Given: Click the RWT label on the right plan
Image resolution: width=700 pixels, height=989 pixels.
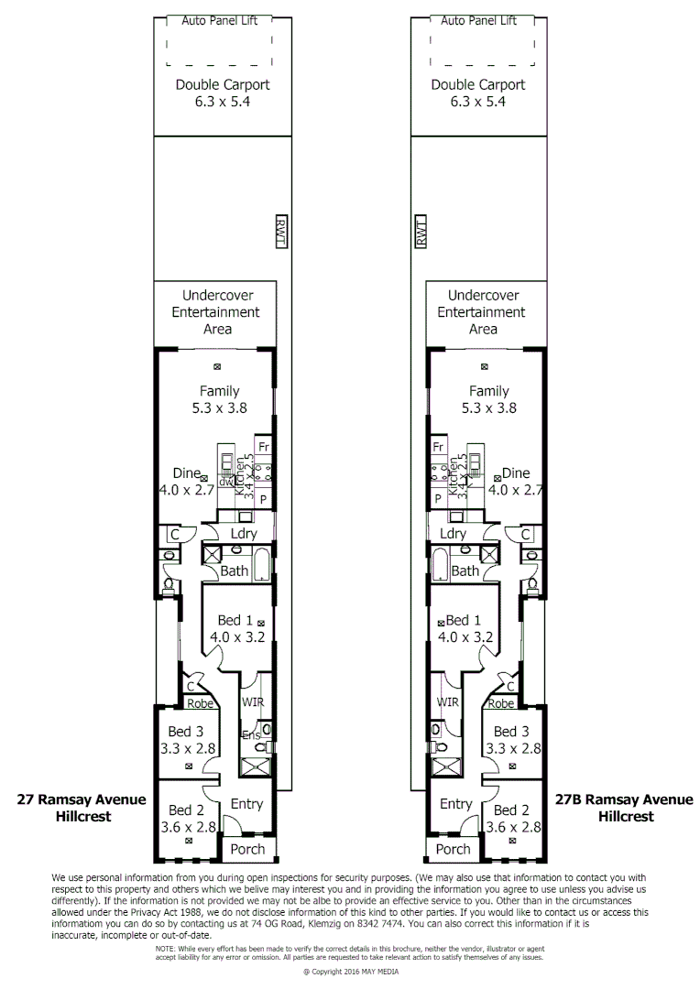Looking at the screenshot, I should (x=421, y=234).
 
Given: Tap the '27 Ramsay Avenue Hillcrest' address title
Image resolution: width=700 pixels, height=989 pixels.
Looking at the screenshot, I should (x=82, y=808).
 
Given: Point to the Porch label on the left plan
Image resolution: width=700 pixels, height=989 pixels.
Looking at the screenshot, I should (x=247, y=849).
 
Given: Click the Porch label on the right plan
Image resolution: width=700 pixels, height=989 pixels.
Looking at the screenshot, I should (x=453, y=849).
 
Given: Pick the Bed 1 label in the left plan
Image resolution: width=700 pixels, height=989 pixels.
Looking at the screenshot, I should (x=233, y=620).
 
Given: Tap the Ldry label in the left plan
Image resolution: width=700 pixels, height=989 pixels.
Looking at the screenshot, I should (x=243, y=534).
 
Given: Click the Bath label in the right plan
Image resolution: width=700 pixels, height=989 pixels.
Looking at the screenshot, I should (x=465, y=571).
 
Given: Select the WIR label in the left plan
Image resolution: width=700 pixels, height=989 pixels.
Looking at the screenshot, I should (x=253, y=702).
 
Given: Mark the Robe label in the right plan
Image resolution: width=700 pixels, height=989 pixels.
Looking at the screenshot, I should (x=501, y=704).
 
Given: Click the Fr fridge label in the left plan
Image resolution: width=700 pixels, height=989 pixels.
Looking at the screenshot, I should (x=264, y=447).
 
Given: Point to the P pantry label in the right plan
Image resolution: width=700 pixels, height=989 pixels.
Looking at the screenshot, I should (x=438, y=499).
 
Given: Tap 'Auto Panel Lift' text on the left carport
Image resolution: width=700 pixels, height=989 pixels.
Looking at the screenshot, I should (x=219, y=20).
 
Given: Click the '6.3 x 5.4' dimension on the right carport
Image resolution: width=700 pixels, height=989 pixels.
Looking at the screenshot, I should (x=478, y=102).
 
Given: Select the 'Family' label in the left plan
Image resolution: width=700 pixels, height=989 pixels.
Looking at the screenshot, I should (x=219, y=391).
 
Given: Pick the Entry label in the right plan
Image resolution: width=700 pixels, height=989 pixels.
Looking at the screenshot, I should (x=455, y=804).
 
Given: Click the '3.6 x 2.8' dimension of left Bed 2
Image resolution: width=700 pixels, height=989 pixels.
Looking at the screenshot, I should (x=191, y=827).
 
